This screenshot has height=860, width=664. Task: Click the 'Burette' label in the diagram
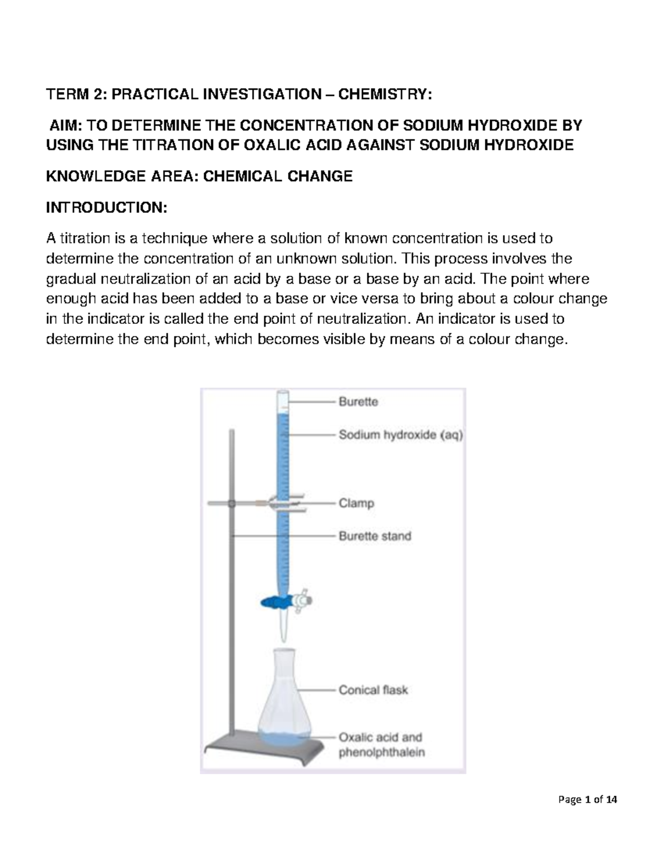(x=358, y=402)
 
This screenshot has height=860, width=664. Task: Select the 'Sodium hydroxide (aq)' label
(x=401, y=435)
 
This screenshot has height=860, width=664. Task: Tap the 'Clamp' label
(x=356, y=503)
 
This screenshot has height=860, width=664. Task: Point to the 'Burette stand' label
(x=375, y=536)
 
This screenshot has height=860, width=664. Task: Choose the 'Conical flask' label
(x=373, y=690)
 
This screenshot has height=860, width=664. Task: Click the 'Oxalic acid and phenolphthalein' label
(x=381, y=745)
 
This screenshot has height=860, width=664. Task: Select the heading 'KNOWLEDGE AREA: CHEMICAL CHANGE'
(x=199, y=176)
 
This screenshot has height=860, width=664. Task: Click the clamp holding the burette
(x=277, y=503)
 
